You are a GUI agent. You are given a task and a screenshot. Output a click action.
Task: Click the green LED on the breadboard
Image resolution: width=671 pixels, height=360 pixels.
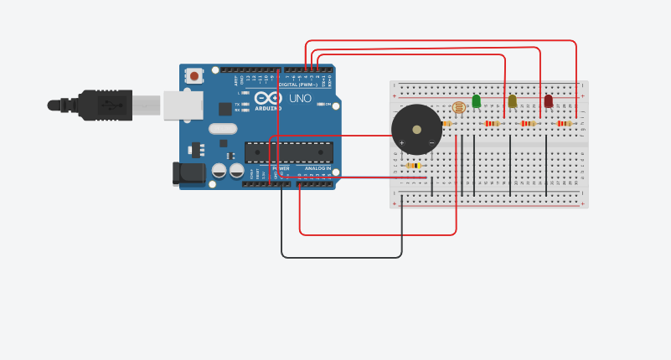[x=477, y=101]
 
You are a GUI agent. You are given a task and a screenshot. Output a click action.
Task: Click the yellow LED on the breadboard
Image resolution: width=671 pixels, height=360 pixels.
[x=513, y=101]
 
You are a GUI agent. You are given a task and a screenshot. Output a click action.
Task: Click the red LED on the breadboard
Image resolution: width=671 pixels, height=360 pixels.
[x=549, y=101]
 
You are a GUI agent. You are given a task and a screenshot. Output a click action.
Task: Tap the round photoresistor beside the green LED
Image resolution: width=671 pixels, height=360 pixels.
[x=458, y=107]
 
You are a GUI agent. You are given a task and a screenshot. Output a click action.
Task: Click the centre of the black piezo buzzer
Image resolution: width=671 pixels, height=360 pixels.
[x=416, y=130]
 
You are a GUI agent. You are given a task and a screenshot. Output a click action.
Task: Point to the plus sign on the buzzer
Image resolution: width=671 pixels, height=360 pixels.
[x=401, y=142]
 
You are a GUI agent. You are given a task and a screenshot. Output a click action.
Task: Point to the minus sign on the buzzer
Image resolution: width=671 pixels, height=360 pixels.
[x=431, y=142]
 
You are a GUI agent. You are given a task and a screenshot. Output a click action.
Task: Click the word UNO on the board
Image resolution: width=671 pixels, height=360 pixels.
[x=300, y=99]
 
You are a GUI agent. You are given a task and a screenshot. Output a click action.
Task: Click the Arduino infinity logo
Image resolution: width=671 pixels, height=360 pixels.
[x=268, y=99]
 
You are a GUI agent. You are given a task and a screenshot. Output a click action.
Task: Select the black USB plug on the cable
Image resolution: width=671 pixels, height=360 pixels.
[x=105, y=105]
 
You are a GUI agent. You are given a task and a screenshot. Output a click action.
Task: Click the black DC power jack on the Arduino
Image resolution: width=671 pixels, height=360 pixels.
[x=188, y=173]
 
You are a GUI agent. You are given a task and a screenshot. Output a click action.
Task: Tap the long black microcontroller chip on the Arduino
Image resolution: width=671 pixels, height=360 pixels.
[x=289, y=152]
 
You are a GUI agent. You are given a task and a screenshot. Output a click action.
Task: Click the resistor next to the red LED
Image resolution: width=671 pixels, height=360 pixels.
[x=565, y=123]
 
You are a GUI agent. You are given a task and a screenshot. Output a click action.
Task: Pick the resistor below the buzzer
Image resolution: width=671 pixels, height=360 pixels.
[x=413, y=166]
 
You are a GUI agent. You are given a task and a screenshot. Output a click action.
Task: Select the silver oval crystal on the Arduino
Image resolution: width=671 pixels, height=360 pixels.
[x=223, y=129]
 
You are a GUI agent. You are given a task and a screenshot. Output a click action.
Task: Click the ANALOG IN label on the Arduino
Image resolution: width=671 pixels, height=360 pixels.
[x=317, y=168]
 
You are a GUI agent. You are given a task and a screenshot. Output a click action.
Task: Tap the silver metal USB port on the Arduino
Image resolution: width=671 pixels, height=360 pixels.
[x=183, y=105]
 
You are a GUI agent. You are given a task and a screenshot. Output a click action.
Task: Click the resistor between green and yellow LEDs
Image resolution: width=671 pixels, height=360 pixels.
[x=493, y=123]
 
